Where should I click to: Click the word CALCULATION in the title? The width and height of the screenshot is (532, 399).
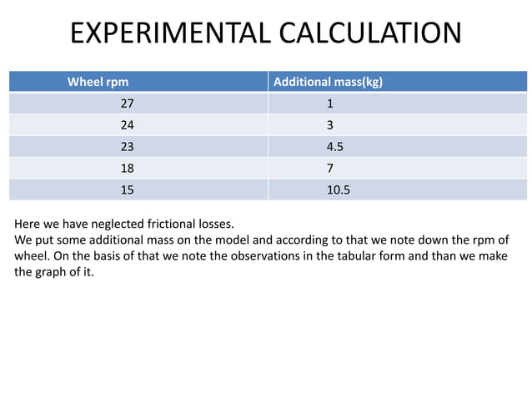pos(370,33)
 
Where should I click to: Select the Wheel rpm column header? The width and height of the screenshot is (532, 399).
pos(98,82)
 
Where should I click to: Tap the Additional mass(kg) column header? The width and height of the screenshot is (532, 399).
pos(328,82)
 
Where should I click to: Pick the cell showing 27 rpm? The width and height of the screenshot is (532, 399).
pos(128,104)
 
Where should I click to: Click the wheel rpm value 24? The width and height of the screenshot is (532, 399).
pos(128,125)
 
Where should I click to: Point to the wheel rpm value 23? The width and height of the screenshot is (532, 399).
pos(128,147)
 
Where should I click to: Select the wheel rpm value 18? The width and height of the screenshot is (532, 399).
pos(128,168)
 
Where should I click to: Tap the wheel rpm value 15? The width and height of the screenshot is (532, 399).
pos(128,189)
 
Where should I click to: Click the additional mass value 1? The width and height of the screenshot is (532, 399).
pos(330,104)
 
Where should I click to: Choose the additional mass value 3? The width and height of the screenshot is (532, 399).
pos(330,125)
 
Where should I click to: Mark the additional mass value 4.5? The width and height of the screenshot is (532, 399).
pos(335,147)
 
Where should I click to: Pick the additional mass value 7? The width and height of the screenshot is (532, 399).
pos(330,168)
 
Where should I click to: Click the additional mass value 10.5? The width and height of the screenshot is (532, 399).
pos(339,189)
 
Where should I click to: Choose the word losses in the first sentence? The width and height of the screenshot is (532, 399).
pos(216,224)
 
